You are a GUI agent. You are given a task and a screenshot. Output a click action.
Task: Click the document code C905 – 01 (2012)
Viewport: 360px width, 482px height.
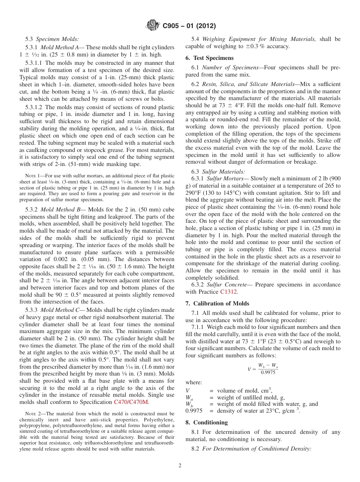tap(189, 26)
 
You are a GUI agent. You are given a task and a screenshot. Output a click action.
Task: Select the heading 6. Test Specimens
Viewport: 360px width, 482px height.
tap(210, 58)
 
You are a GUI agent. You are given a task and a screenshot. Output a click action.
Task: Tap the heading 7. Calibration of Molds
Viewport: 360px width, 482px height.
tap(218, 304)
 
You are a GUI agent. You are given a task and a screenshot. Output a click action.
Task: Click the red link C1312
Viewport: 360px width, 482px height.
tap(229, 292)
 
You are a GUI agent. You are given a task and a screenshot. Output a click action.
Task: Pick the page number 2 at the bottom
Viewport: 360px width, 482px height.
tap(180, 466)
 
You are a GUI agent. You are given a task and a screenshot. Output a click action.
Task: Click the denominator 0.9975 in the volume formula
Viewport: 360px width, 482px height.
tap(268, 372)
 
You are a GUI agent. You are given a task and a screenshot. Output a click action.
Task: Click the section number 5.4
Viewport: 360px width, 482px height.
tap(196, 39)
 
